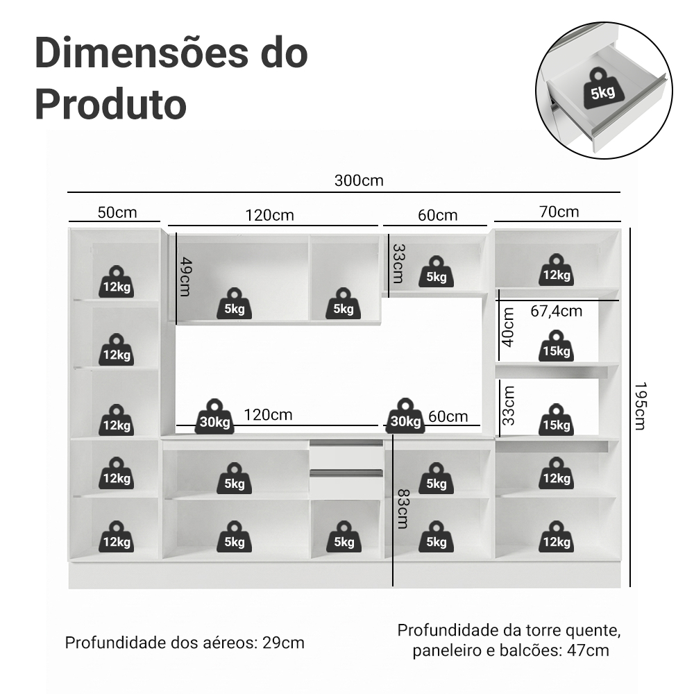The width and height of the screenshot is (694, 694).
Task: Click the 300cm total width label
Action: point(359,180)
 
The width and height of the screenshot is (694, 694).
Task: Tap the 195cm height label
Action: point(641,406)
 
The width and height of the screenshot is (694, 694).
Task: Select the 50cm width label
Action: point(117,212)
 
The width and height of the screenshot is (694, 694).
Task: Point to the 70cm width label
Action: point(559,212)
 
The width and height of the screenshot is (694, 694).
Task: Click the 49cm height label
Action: point(185,277)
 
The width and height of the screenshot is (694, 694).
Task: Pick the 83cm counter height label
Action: point(403,509)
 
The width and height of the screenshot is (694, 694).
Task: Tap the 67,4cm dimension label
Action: point(557,311)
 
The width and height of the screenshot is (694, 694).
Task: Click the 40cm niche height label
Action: point(508,327)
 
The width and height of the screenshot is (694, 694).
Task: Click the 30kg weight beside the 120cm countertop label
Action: point(214,416)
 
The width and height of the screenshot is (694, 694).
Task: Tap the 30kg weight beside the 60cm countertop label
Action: point(405,416)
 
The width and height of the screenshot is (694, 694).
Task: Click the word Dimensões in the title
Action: point(140,53)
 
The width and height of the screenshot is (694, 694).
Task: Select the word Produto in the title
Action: point(110,105)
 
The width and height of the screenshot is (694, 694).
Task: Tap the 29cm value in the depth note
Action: point(283,643)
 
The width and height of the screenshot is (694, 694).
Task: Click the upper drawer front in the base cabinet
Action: point(346,455)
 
